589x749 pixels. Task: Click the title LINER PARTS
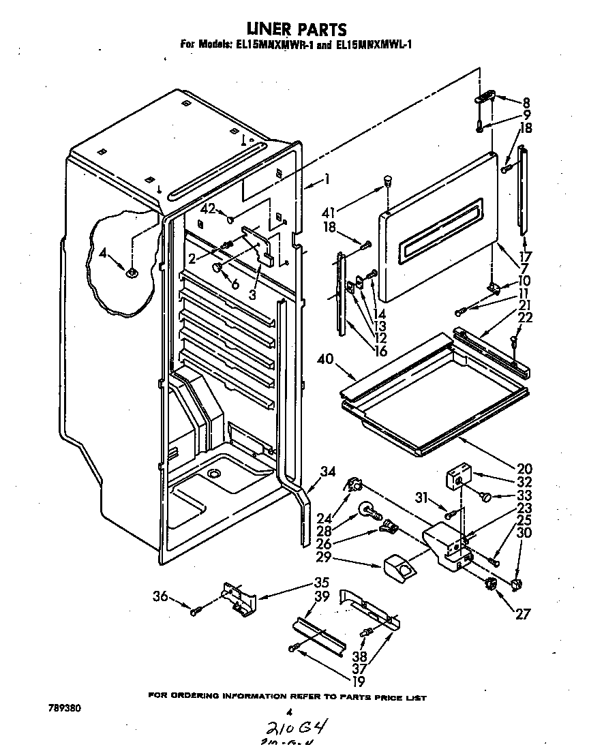294,29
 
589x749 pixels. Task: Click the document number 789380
65,708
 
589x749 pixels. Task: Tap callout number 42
207,210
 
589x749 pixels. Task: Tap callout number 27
522,613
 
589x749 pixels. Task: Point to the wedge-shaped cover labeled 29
398,566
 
